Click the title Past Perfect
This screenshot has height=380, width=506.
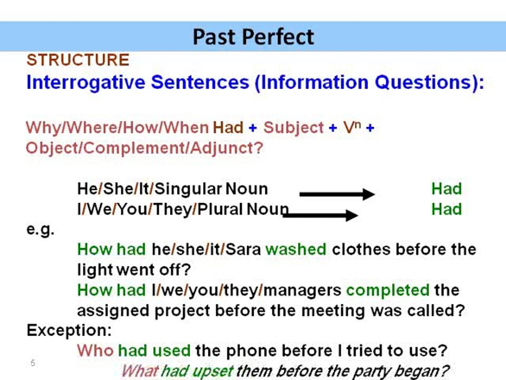253,37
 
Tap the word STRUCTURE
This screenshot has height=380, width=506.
78,60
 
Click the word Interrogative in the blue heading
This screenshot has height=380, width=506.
86,83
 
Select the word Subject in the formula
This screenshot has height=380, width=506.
293,127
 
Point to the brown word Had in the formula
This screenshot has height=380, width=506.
228,127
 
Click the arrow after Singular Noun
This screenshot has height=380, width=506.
337,194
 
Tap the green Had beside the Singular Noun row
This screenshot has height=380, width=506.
446,189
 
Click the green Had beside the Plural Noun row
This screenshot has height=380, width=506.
446,209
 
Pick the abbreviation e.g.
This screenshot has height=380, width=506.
40,230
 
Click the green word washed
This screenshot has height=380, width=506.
296,249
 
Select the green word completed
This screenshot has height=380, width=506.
388,290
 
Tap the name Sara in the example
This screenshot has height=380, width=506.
243,249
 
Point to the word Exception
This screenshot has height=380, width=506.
69,330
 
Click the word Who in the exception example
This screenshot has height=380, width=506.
95,351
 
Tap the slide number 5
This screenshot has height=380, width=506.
33,363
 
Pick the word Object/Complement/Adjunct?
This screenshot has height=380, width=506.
144,148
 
